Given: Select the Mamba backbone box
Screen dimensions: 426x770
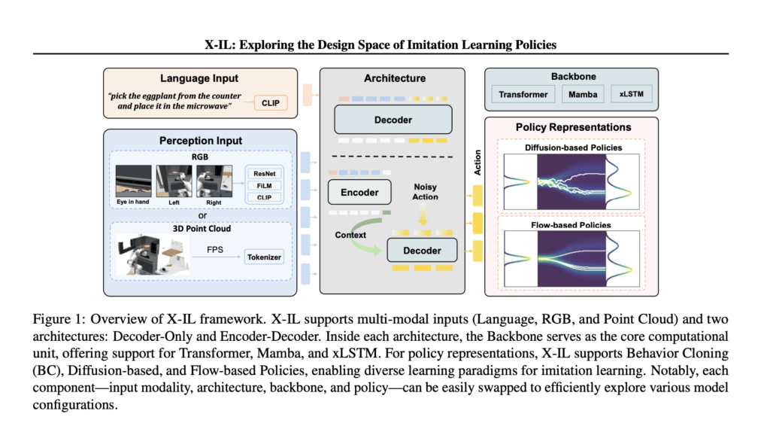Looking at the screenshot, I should pos(581,94).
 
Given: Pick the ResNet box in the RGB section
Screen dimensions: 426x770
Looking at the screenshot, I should pos(265,172).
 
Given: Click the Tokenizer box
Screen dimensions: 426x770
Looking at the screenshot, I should pos(265,257).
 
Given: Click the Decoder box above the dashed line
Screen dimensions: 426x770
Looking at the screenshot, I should pos(393,119).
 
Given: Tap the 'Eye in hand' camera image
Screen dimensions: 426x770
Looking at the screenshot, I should pos(133,183).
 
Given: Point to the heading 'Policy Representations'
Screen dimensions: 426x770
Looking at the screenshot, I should pos(573,127).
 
